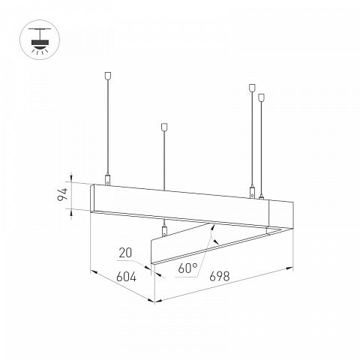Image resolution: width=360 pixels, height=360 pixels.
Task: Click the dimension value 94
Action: click(x=62, y=194)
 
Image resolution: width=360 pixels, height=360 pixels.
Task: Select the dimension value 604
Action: click(x=127, y=277)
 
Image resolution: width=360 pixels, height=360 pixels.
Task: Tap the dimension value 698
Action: click(x=220, y=276)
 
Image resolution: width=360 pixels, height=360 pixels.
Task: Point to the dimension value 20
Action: click(x=125, y=253)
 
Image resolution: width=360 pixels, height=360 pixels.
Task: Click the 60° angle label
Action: click(x=187, y=268)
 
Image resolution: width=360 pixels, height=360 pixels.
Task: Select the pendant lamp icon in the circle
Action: click(x=40, y=40)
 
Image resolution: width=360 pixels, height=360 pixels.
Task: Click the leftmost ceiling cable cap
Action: click(x=108, y=76)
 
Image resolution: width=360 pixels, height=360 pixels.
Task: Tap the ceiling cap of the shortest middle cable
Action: click(x=164, y=127)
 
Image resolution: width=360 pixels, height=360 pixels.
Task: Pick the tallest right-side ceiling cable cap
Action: click(x=252, y=88)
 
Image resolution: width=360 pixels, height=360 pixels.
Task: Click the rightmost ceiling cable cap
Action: click(x=261, y=97)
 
